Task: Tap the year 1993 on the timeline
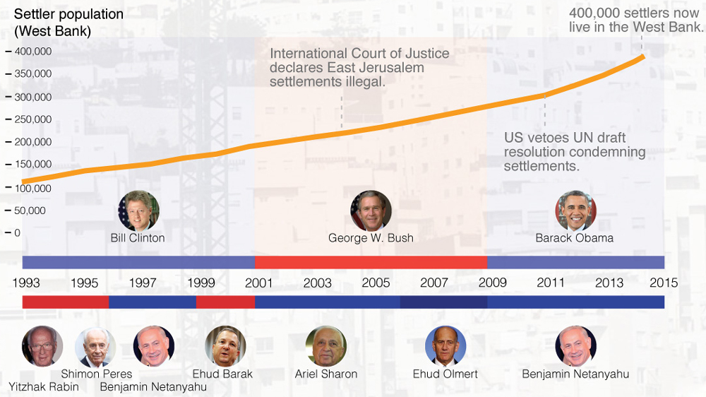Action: click(26, 283)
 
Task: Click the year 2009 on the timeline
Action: click(492, 283)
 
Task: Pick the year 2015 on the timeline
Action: click(664, 283)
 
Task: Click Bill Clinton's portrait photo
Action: click(138, 211)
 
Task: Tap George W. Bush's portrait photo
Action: click(371, 211)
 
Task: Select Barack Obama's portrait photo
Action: click(575, 211)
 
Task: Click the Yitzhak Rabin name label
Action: click(43, 386)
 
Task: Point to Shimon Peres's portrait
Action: click(95, 347)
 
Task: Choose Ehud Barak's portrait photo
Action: click(225, 346)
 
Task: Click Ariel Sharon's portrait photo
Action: click(326, 346)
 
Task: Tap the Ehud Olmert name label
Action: click(445, 374)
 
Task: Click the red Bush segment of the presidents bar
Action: click(371, 262)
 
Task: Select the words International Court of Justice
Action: click(359, 54)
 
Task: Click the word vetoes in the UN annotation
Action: click(546, 138)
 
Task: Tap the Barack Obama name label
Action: click(574, 238)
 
